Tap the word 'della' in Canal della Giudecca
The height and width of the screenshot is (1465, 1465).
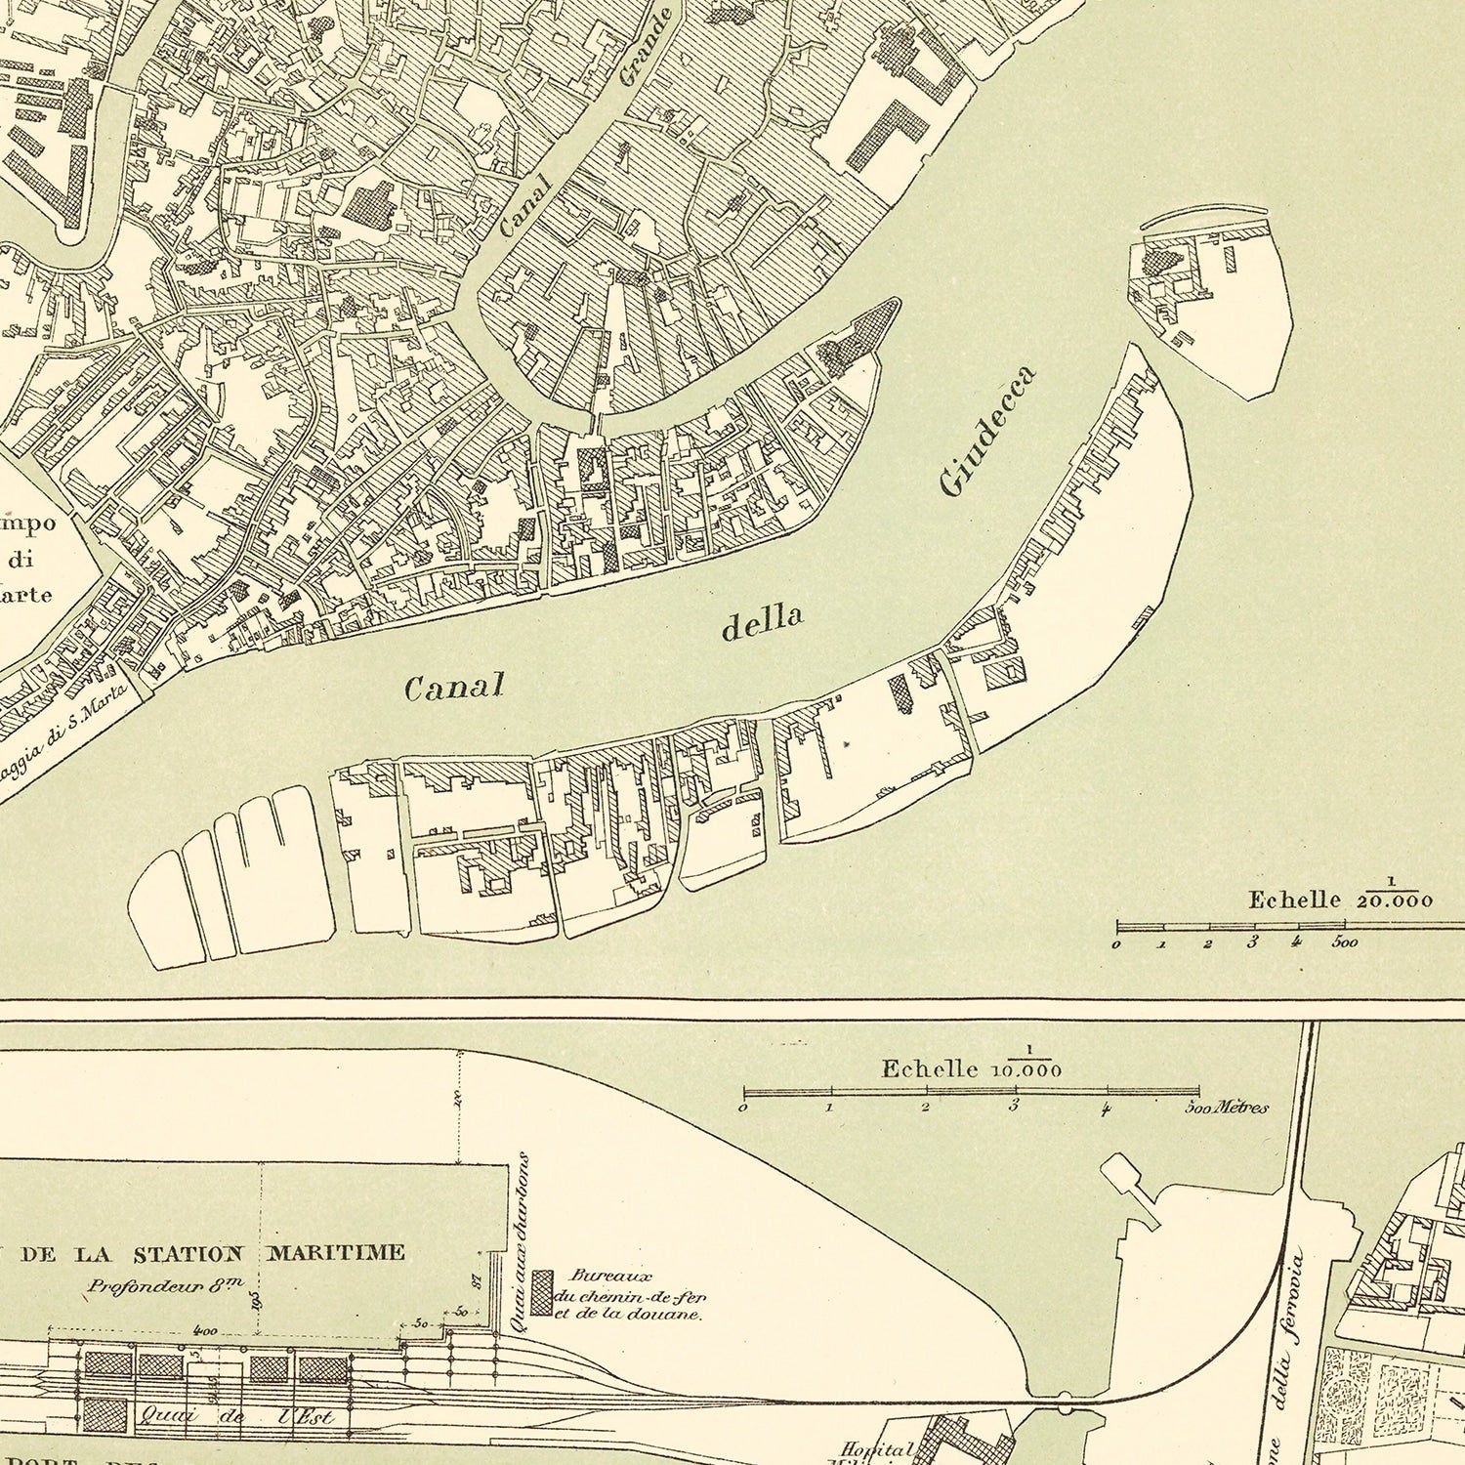762,623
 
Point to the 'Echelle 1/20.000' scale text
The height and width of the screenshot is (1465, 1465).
1340,898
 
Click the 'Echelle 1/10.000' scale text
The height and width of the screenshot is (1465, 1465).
971,1067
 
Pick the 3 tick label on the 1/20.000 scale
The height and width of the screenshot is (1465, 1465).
1252,942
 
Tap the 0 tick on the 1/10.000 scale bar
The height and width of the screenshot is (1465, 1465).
743,1109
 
